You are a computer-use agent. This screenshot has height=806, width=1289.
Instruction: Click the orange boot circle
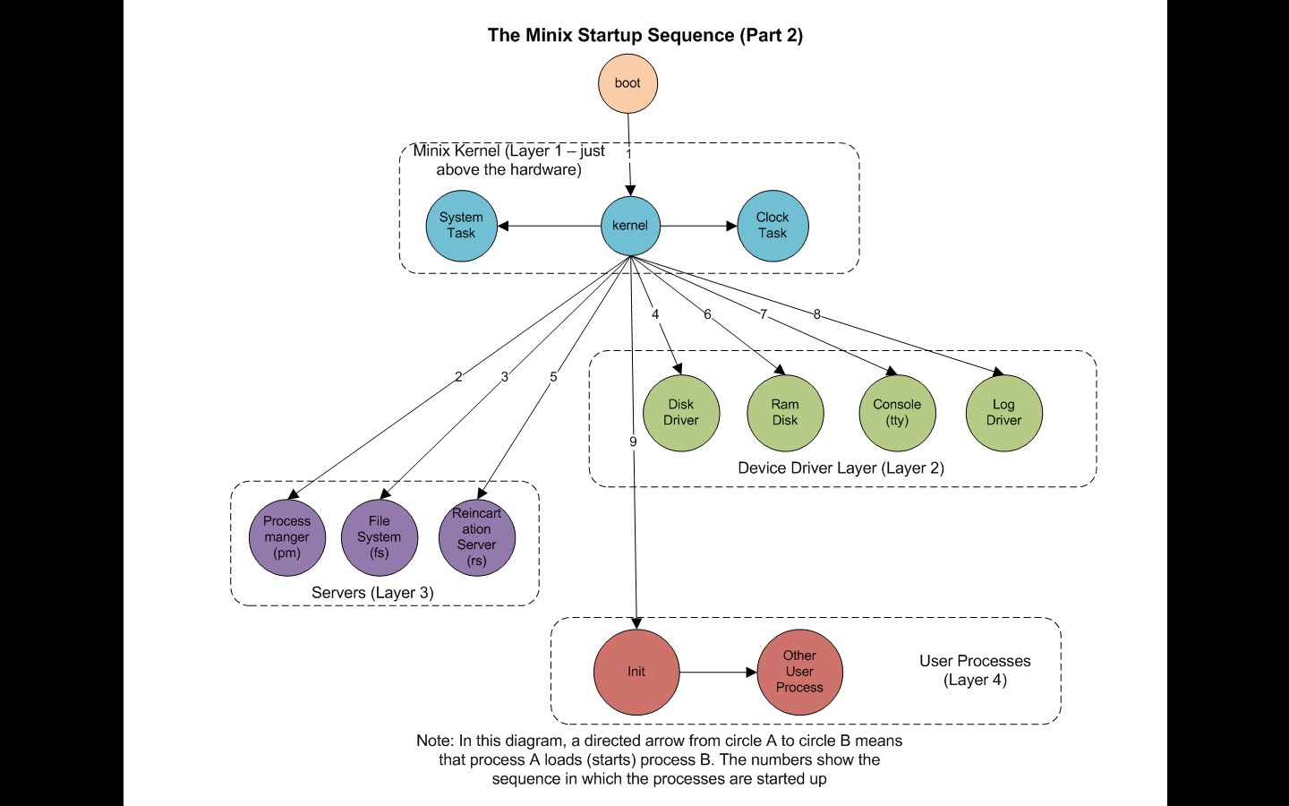(627, 83)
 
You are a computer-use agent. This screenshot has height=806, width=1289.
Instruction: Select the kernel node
(630, 226)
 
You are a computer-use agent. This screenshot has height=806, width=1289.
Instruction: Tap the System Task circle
(461, 226)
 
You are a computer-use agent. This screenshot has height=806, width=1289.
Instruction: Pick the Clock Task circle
(773, 226)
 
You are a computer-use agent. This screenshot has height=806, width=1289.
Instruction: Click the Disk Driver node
(681, 413)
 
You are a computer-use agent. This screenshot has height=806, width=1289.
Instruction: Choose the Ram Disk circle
(785, 413)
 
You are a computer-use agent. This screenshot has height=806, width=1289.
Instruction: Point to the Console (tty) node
(897, 413)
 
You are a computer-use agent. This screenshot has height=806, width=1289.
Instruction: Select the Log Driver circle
(1003, 413)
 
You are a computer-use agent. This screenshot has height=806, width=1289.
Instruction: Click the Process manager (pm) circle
(287, 537)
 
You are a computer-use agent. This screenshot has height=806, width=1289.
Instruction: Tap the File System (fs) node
(380, 537)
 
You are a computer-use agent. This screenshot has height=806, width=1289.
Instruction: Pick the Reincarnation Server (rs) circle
(477, 537)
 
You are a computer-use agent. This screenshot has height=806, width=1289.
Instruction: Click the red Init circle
(636, 672)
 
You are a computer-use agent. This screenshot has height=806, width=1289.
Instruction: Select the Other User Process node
(799, 672)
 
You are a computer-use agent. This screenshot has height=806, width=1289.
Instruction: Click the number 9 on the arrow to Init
(633, 442)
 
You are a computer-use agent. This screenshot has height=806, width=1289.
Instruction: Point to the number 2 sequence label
(458, 377)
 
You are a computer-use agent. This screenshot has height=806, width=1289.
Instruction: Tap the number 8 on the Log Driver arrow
(816, 314)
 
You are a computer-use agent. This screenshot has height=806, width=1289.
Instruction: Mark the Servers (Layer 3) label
(372, 593)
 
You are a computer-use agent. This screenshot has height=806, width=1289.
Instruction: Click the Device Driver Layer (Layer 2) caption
(841, 468)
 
